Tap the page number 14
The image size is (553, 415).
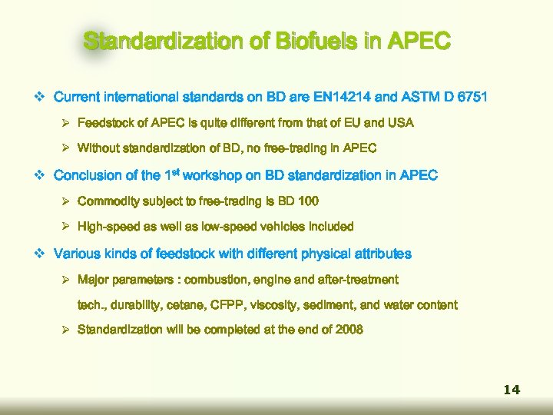click(x=512, y=390)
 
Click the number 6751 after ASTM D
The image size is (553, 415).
click(x=472, y=98)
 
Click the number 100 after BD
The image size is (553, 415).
click(x=305, y=201)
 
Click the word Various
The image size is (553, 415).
click(x=76, y=254)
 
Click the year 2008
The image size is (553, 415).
click(x=348, y=330)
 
